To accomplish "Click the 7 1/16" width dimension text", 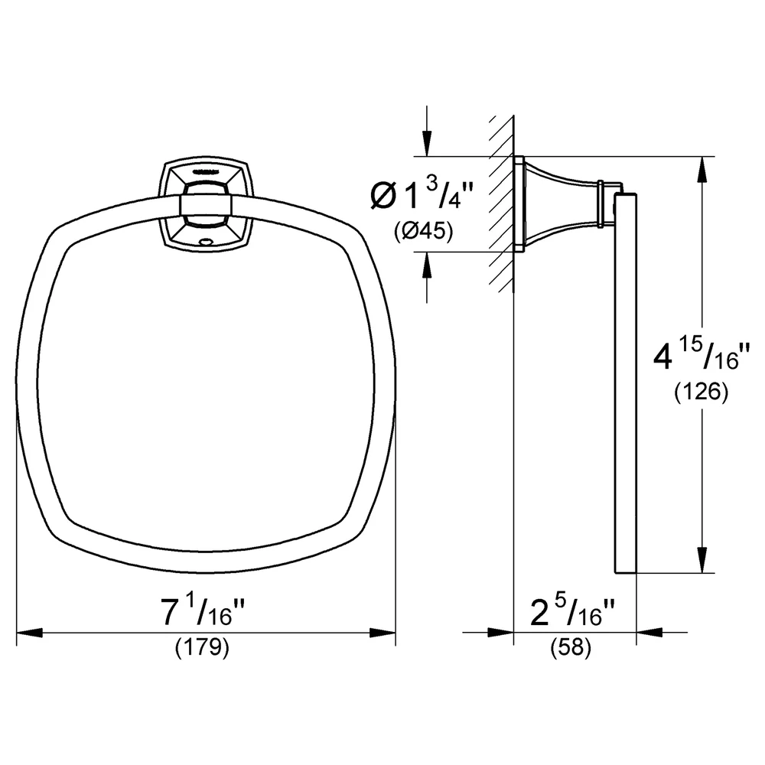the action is click(203, 612).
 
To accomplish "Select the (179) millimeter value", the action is click(202, 647).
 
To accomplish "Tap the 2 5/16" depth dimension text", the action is click(572, 612).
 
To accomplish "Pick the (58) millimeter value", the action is click(571, 647).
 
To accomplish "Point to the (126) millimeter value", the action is click(701, 391).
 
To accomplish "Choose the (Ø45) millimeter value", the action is click(424, 231).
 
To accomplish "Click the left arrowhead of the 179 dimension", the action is click(30, 633).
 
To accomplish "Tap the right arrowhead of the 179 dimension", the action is click(382, 633).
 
